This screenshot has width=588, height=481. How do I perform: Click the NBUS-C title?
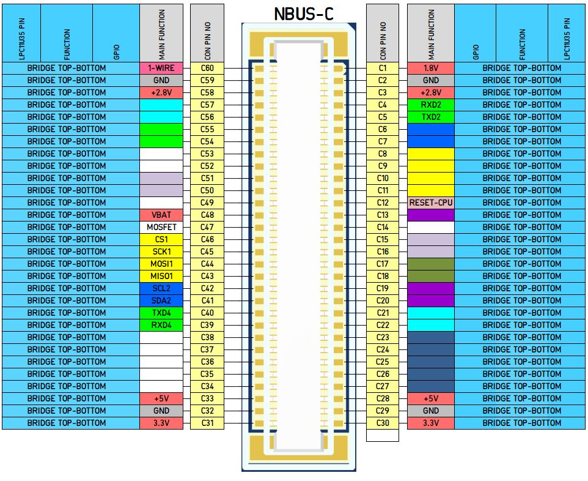point(304,14)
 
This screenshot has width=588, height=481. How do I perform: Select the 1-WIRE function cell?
point(161,68)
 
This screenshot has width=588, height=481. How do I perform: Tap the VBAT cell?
point(161,215)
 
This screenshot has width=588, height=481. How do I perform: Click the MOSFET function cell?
point(161,227)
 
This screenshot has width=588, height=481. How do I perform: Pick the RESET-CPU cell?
point(431,203)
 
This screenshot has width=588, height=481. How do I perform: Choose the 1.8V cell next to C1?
point(431,68)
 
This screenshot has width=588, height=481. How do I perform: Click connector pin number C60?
point(207,68)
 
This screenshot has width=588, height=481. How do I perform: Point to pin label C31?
point(207,423)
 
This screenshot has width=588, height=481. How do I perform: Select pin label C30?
point(383,423)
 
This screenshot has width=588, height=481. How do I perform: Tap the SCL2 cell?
point(161,288)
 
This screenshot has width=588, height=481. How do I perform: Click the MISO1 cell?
point(161,276)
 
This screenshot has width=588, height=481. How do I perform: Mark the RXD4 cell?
point(161,325)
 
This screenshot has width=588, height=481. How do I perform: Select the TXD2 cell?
point(431,117)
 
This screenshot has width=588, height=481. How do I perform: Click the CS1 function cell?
point(161,239)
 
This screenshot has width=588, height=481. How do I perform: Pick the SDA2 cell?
point(161,300)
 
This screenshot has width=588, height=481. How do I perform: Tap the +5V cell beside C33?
point(161,398)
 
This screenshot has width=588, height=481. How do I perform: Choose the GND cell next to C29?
point(431,411)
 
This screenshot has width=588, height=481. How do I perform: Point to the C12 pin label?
point(383,203)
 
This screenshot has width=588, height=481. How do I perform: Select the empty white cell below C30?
point(383,435)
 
